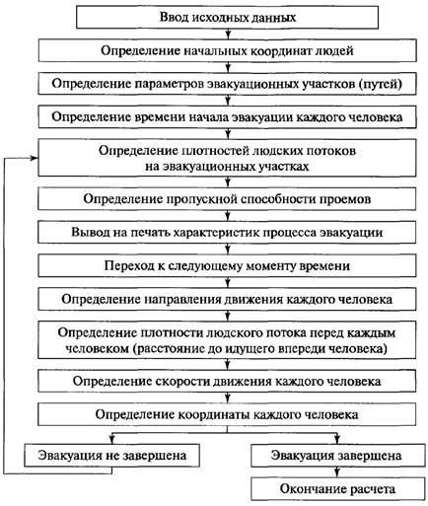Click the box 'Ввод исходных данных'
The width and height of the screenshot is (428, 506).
click(227, 18)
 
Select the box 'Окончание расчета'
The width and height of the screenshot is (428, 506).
click(338, 489)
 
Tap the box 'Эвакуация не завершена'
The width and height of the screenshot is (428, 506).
click(111, 456)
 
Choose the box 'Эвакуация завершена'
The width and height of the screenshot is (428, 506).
click(338, 456)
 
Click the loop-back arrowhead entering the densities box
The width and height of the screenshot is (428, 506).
click(35, 158)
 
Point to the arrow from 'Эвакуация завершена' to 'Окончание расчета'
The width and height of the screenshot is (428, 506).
click(336, 472)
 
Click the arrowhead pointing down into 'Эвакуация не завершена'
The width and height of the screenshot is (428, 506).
click(111, 441)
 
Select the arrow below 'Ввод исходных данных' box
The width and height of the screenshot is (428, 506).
click(228, 35)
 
